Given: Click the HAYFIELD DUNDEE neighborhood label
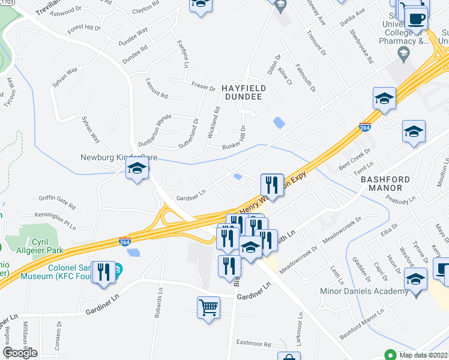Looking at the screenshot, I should coord(244,92).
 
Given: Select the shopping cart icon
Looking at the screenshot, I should coord(208,308).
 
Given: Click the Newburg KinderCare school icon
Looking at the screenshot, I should coord(137,170).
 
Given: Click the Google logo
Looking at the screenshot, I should coord(20,353).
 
